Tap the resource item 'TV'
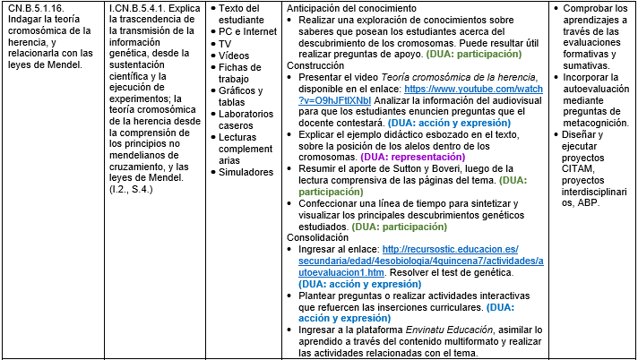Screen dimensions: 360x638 point(225,43)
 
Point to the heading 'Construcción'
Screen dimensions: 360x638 point(317,66)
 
